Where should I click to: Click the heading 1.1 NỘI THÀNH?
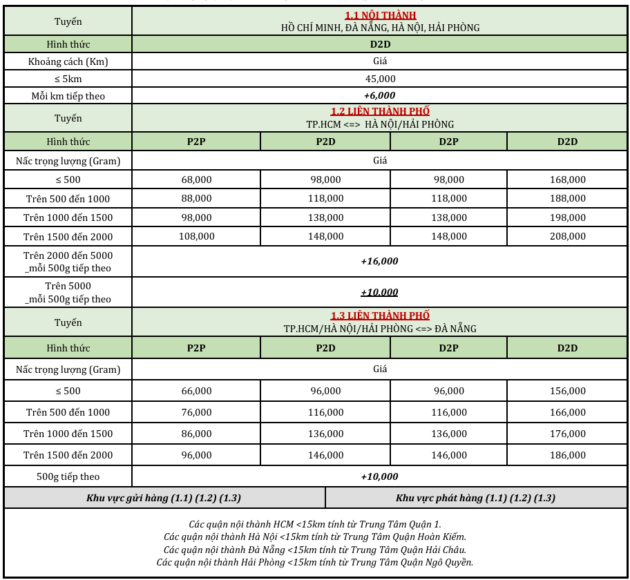[x=380, y=15]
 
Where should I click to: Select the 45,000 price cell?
[x=380, y=79]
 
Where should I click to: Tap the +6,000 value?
[x=380, y=95]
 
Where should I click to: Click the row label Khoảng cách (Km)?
[x=68, y=61]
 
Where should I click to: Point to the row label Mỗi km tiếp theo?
[x=68, y=96]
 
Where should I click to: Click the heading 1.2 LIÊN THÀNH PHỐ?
[x=380, y=111]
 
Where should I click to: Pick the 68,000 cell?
[x=196, y=180]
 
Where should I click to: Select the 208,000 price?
[x=567, y=236]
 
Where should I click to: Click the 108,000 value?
[x=196, y=236]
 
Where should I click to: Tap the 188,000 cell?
[x=567, y=199]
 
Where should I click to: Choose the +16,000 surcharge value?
[x=380, y=261]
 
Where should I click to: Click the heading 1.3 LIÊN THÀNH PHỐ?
[x=380, y=316]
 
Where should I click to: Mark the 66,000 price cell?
[x=196, y=391]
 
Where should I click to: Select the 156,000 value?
[x=567, y=391]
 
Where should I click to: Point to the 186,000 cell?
[x=567, y=455]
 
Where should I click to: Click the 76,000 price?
[x=196, y=412]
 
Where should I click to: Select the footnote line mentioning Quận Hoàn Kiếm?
[x=315, y=536]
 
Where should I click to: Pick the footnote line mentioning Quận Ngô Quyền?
[x=315, y=562]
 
